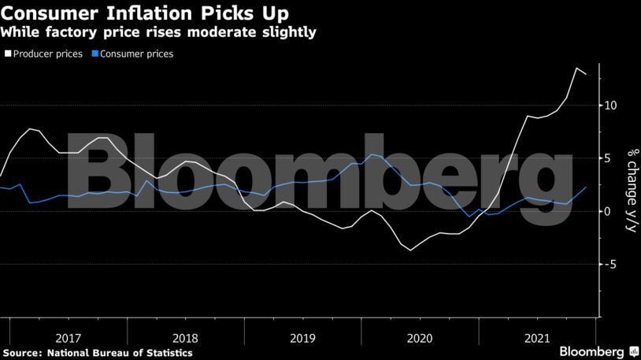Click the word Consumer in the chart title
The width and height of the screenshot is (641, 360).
point(49,13)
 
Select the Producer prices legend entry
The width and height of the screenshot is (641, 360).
point(48,54)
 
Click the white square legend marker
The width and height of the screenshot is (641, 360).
point(7,54)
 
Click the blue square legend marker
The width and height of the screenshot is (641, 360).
point(94,54)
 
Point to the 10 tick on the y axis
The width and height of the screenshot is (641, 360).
point(610,106)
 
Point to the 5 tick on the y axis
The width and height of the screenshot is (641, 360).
point(608,158)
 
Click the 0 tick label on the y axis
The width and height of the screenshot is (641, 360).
point(608,211)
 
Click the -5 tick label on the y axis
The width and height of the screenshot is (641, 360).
point(610,264)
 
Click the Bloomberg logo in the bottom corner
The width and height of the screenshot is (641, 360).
point(598,351)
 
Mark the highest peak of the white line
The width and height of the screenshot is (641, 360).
point(576,69)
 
